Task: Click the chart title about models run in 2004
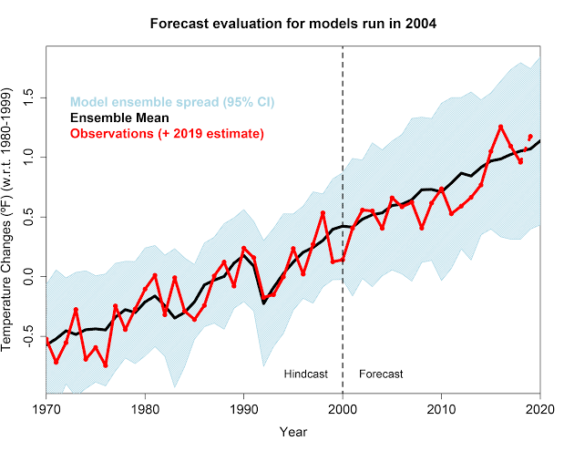pyautogui.click(x=293, y=23)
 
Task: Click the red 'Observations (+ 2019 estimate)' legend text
pyautogui.click(x=167, y=134)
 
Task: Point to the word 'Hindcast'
pyautogui.click(x=305, y=374)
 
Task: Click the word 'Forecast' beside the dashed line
pyautogui.click(x=381, y=374)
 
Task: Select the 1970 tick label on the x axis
pyautogui.click(x=46, y=409)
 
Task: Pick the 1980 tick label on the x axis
pyautogui.click(x=145, y=409)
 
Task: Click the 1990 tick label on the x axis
pyautogui.click(x=243, y=409)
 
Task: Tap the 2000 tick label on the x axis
pyautogui.click(x=343, y=409)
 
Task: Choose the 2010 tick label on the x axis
pyautogui.click(x=441, y=409)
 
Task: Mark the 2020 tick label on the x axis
pyautogui.click(x=539, y=409)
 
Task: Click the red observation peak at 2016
pyautogui.click(x=501, y=127)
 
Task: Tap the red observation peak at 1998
pyautogui.click(x=323, y=213)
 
